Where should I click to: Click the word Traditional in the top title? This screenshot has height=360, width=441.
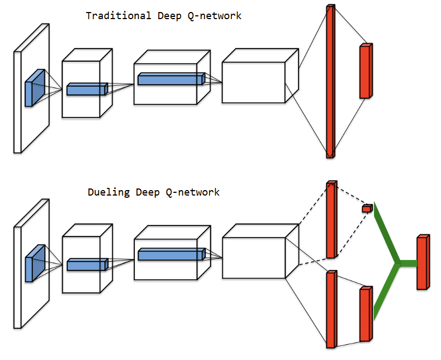(x=118, y=16)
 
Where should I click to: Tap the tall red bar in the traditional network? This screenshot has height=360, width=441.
(x=330, y=81)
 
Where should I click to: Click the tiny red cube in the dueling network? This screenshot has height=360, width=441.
(x=367, y=208)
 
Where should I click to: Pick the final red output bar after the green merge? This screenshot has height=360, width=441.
(x=422, y=263)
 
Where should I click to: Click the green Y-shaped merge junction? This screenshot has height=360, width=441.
(x=399, y=263)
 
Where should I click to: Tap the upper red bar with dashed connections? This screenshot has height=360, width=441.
(x=330, y=220)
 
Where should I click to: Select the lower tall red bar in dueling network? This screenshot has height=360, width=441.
(x=330, y=310)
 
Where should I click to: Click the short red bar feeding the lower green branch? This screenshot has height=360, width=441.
(x=365, y=314)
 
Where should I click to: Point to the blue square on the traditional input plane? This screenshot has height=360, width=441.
(x=34, y=88)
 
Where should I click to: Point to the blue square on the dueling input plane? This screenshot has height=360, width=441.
(x=34, y=264)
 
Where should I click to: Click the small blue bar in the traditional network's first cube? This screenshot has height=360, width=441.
(x=87, y=90)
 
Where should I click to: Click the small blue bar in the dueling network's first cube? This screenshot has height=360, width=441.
(x=87, y=265)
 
